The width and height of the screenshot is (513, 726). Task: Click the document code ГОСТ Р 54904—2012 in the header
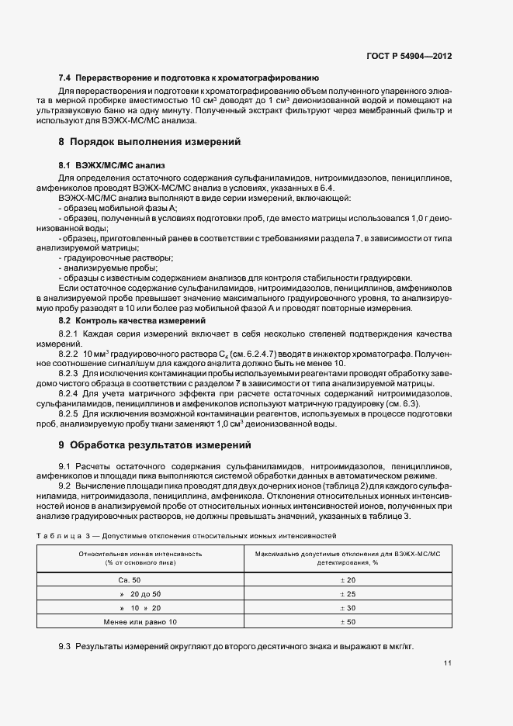click(x=410, y=57)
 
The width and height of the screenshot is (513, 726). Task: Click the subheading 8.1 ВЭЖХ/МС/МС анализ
click(x=112, y=166)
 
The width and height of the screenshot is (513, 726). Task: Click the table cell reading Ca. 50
click(x=129, y=580)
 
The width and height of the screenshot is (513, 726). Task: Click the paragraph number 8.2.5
click(x=71, y=414)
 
